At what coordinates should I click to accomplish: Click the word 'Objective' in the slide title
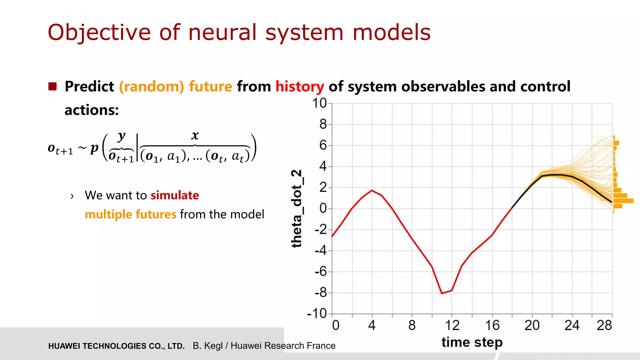coord(99,32)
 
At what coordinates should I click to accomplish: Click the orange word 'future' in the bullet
coord(210,87)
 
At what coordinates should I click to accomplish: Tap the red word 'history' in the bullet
coord(299,87)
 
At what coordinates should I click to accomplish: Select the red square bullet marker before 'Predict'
coord(52,86)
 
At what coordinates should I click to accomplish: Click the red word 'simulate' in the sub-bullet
coord(175,195)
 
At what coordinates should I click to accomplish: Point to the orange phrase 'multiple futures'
coord(130,214)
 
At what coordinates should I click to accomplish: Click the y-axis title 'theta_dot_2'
coord(297,208)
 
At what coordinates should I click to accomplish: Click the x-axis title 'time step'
coord(472,342)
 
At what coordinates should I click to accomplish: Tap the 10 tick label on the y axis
coord(319,103)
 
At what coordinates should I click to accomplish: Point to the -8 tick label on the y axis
coord(321,293)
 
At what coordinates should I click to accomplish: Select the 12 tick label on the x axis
coord(452,326)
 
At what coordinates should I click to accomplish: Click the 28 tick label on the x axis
coord(604,326)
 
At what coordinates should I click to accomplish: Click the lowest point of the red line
coord(442,293)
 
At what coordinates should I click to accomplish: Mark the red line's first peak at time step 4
coord(372,190)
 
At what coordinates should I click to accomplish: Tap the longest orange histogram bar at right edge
coord(623,201)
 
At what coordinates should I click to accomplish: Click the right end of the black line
coord(612,202)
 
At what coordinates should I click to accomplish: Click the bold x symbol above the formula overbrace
coord(195,135)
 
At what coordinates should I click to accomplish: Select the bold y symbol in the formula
coord(122,136)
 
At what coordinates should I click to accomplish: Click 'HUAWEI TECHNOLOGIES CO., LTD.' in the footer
coord(116,346)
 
